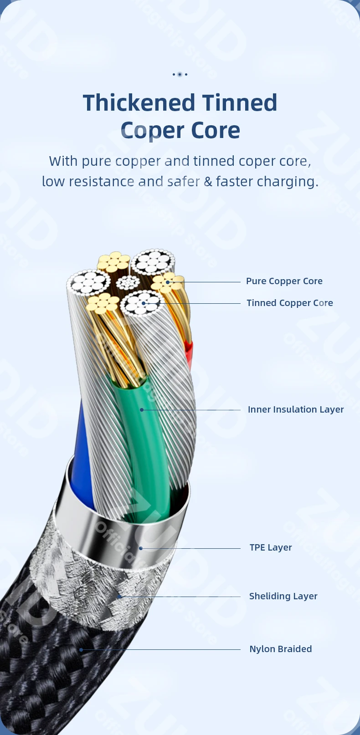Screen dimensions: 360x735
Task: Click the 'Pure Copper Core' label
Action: coord(284,281)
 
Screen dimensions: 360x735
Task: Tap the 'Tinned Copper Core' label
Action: coord(289,303)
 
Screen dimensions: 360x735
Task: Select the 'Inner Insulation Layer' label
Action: coord(295,409)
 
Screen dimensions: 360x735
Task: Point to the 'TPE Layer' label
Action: coord(270,547)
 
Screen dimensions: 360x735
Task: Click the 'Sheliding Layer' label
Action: coord(283,596)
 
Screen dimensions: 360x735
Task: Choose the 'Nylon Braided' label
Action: coord(280,649)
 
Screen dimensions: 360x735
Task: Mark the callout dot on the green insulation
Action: coord(142,410)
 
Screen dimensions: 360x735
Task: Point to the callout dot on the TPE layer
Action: coord(141,548)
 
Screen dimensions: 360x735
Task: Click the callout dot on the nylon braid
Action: coord(81,649)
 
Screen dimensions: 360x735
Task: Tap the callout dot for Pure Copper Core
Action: coord(168,282)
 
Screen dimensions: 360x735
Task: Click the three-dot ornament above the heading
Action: coord(180,74)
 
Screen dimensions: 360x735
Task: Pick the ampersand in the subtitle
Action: coord(208,181)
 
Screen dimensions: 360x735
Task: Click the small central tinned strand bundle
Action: coord(128,283)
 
